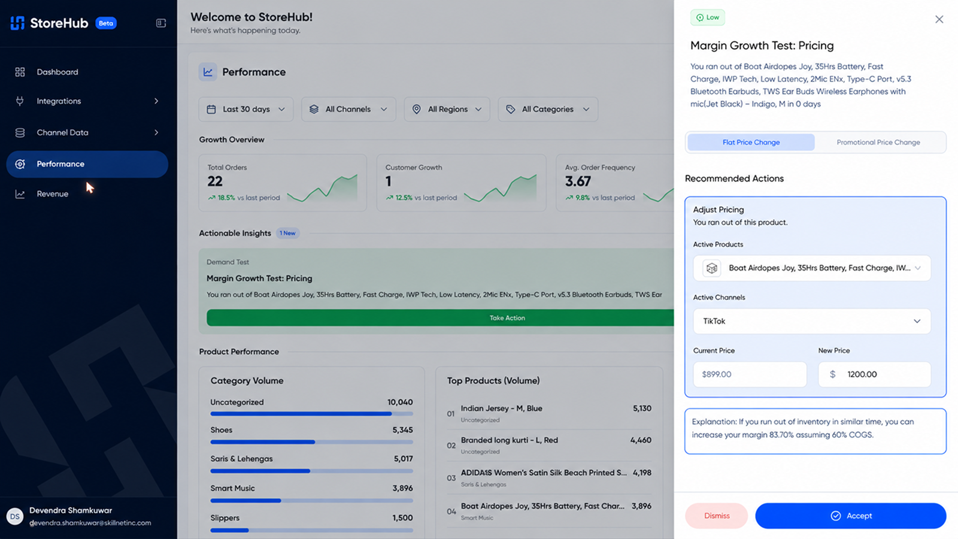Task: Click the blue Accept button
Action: coord(851,516)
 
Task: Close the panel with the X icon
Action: coord(939,19)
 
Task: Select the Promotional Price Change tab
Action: coord(878,143)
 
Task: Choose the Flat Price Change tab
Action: coord(751,143)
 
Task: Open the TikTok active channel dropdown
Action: coord(812,321)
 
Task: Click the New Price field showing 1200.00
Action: coord(874,374)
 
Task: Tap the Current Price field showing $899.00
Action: coord(750,374)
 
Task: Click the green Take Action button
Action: coord(440,318)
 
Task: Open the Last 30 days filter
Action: coord(246,109)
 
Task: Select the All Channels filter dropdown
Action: coord(348,109)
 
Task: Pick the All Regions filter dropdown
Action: coord(447,109)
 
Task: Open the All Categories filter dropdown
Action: coord(548,109)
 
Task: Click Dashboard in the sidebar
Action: coord(57,72)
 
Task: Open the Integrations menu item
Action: coord(59,101)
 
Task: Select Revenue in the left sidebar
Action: coord(52,194)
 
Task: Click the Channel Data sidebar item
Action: coord(62,132)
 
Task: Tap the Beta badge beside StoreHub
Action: coord(105,23)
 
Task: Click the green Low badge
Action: coord(707,17)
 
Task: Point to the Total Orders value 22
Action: coord(215,181)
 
